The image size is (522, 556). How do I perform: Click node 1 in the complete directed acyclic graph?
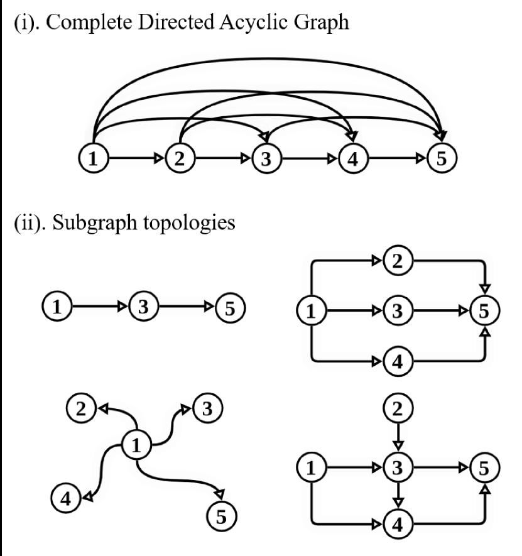93,158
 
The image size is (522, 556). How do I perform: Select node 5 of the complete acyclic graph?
442,158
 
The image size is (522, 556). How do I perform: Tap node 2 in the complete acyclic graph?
181,158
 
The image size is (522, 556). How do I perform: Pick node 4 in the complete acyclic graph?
354,158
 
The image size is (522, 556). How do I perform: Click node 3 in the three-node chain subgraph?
144,308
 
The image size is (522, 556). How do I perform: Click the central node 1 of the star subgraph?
135,445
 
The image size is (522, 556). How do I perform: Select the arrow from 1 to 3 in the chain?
100,308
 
